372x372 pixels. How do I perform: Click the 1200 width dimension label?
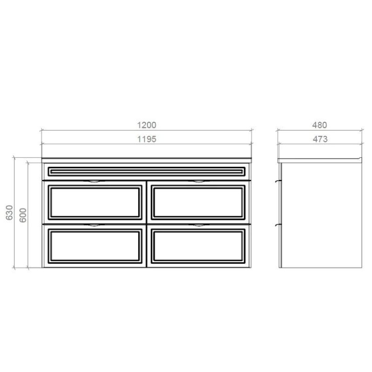[146, 125]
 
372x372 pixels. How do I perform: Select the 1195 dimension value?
[146, 139]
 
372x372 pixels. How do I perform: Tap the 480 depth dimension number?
[319, 125]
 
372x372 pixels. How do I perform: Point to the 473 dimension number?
[320, 139]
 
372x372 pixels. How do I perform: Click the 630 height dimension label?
[9, 213]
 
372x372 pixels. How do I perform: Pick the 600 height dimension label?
[23, 215]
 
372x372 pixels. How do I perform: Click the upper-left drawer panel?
[95, 202]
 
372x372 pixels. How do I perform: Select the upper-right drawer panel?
[198, 202]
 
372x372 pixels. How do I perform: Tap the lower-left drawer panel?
[95, 246]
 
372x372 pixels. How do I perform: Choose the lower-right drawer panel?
[198, 246]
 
